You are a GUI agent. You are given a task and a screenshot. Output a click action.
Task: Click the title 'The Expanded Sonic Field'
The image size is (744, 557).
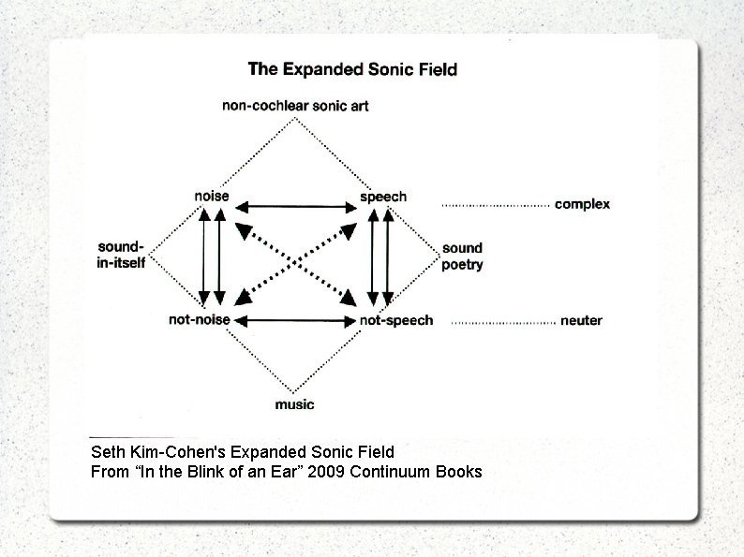click(x=352, y=69)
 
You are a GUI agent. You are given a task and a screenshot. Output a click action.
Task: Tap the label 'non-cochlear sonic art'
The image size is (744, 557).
click(x=294, y=106)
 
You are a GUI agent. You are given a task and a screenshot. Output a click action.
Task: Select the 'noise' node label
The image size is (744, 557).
click(x=211, y=197)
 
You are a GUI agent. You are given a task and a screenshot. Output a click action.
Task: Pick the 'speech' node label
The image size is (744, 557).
click(x=383, y=197)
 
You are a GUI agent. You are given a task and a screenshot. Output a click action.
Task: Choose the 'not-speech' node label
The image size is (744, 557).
click(x=396, y=320)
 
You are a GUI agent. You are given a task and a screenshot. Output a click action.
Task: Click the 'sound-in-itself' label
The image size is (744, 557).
click(x=122, y=255)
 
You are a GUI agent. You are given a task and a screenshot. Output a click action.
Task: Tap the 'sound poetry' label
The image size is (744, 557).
click(x=462, y=257)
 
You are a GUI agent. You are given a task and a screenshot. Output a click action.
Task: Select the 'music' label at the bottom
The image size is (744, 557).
click(x=294, y=404)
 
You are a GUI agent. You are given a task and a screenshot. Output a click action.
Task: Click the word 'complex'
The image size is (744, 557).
click(x=582, y=204)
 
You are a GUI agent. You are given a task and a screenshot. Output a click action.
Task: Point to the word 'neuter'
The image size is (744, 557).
click(x=581, y=321)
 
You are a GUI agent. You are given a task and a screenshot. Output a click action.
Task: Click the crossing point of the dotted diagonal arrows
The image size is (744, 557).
click(x=296, y=263)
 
